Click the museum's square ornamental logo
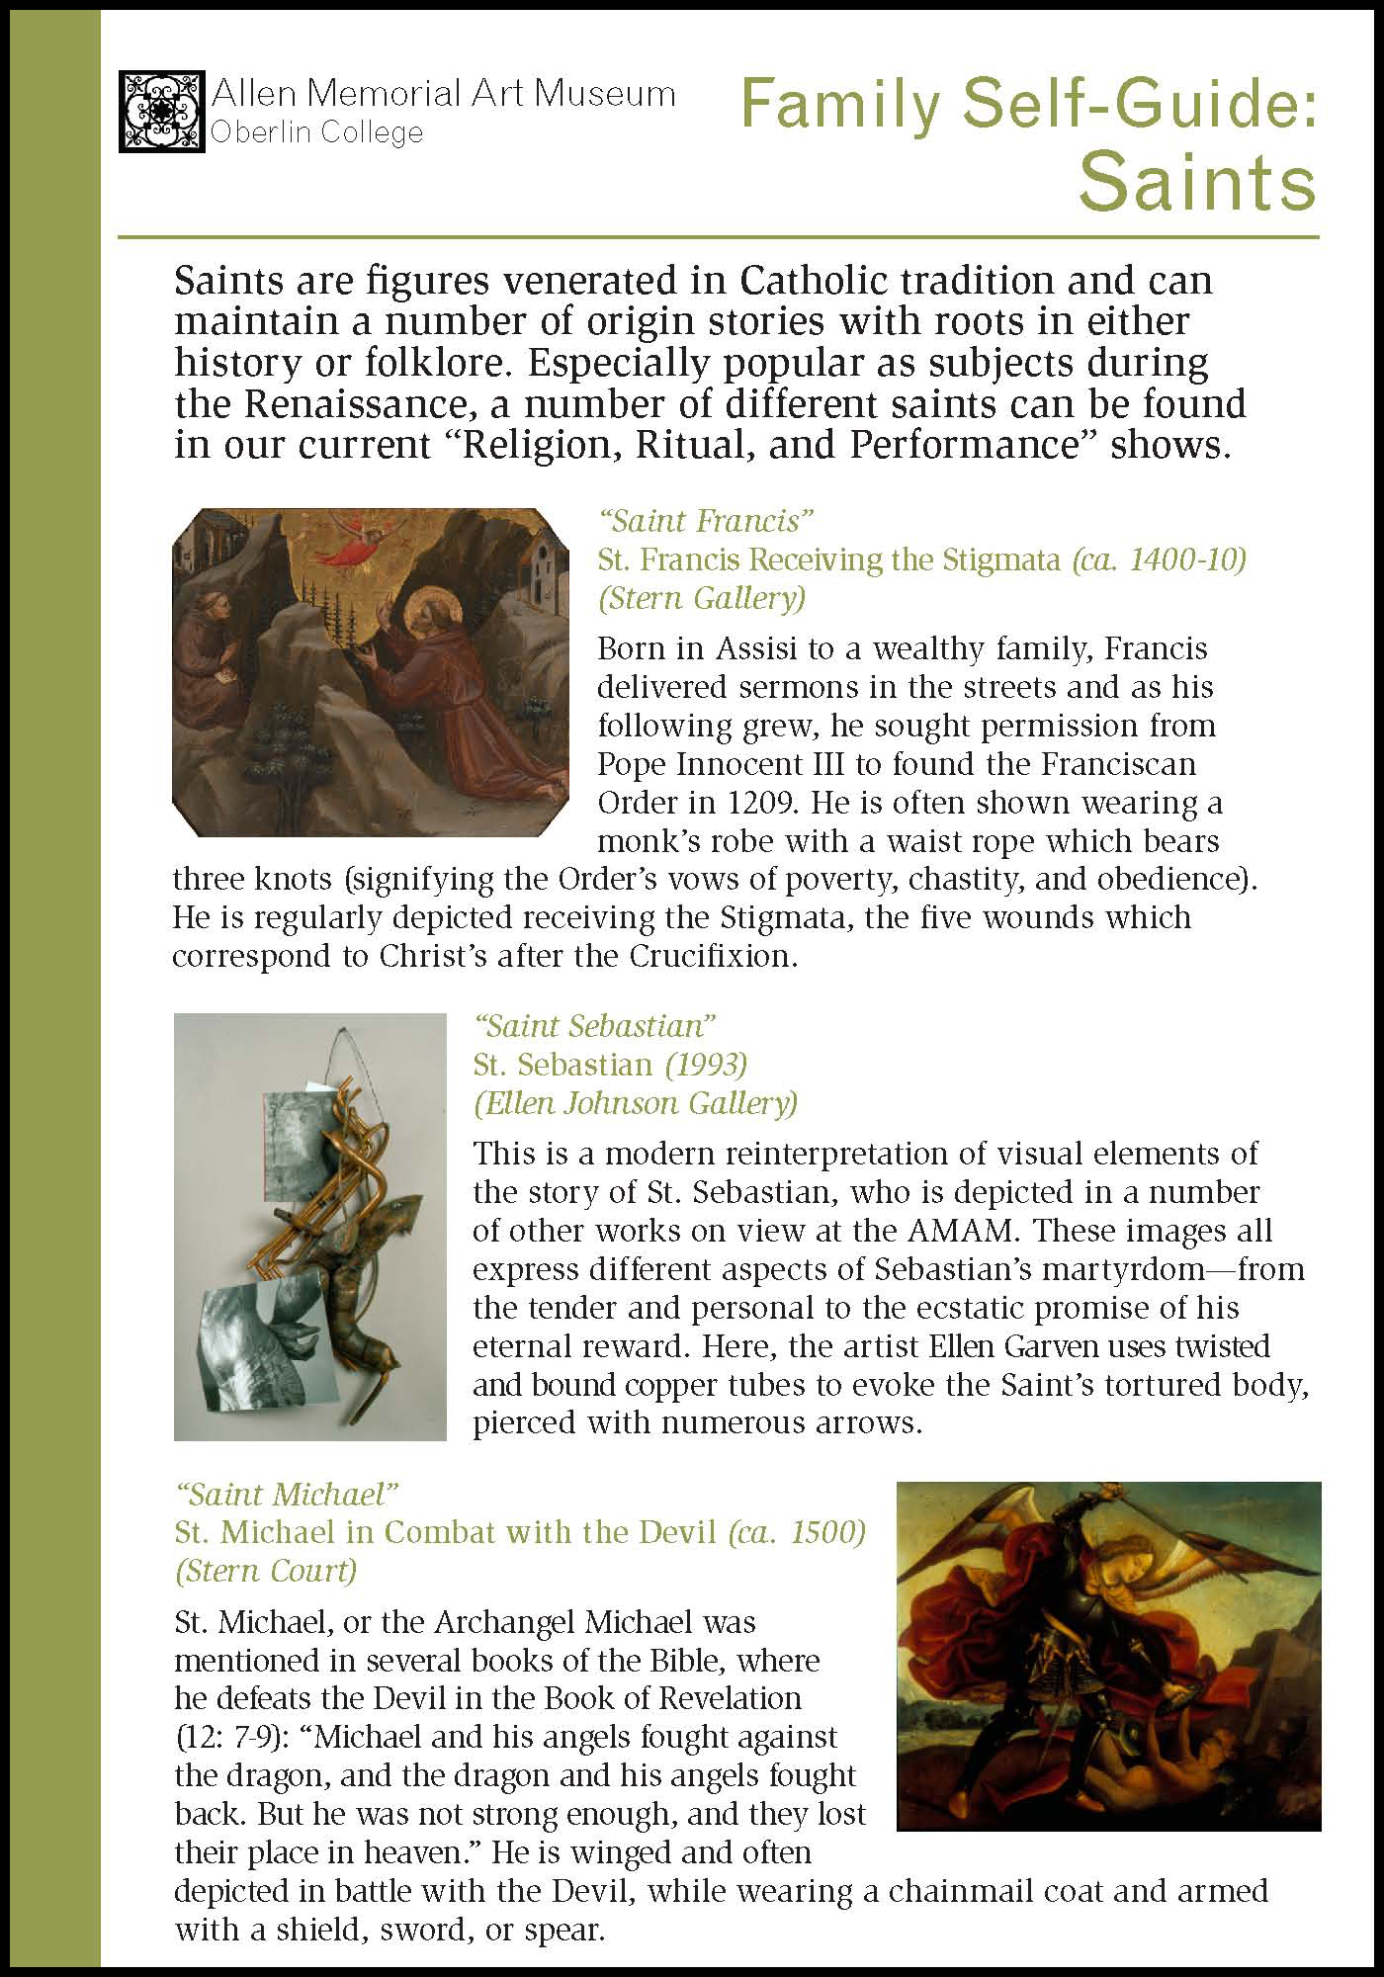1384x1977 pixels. [x=162, y=111]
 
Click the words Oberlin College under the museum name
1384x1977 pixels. [x=318, y=133]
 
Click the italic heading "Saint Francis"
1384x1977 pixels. [x=705, y=521]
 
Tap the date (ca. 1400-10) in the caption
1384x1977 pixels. [x=1159, y=559]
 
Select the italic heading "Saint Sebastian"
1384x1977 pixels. [x=594, y=1025]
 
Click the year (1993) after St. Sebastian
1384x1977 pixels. [x=706, y=1065]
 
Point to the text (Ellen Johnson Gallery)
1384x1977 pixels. [x=636, y=1103]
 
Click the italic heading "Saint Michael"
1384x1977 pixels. [x=286, y=1493]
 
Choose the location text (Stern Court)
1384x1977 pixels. [x=266, y=1571]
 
